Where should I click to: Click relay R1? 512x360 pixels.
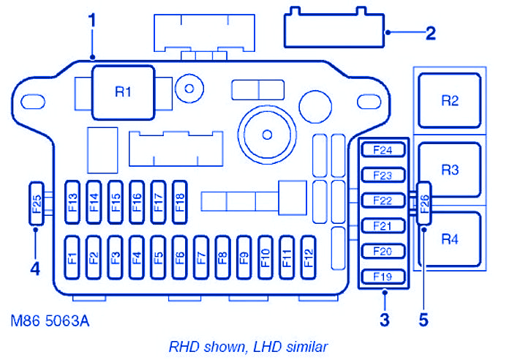tap(122, 91)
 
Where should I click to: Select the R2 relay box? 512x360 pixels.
tap(450, 100)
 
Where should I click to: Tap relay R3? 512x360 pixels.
tap(450, 170)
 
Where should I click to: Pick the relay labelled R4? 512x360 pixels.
tap(450, 239)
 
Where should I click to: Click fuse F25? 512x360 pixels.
tap(37, 202)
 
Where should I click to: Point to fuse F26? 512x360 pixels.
tap(425, 202)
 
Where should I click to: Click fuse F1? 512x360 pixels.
tap(72, 258)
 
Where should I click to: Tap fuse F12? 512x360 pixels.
tap(307, 258)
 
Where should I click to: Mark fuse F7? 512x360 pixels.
tap(200, 258)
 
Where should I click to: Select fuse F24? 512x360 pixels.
tap(383, 151)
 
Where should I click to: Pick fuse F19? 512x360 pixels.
tap(383, 277)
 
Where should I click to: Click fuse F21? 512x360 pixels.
tap(383, 226)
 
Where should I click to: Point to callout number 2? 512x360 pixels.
tap(431, 32)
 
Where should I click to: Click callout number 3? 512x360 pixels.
tap(384, 319)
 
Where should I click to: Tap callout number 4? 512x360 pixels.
tap(34, 269)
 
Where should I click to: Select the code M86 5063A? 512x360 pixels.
tap(51, 320)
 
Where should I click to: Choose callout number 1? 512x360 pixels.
tap(92, 21)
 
